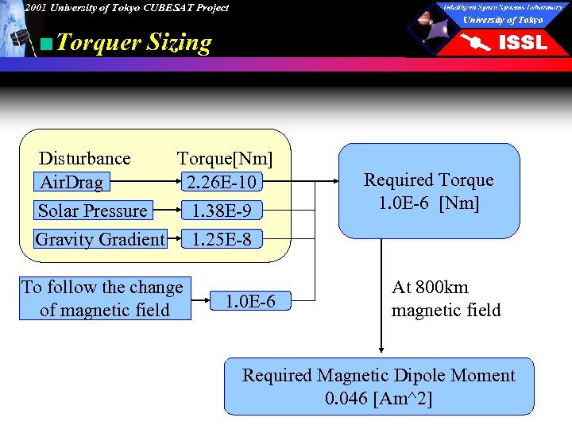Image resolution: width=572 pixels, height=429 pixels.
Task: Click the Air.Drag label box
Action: pos(71,183)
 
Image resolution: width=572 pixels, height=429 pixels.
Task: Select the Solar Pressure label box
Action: pos(93,211)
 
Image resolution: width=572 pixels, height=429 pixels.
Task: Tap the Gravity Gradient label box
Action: pos(100,239)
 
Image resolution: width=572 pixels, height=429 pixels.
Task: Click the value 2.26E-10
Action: pos(220,183)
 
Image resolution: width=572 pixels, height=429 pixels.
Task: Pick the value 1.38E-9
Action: pos(220,211)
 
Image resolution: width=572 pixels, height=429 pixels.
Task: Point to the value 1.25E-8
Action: pos(220,239)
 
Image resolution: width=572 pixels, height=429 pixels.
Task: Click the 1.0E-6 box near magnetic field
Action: pos(250,301)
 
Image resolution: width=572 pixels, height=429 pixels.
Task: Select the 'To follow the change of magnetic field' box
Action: pos(105,299)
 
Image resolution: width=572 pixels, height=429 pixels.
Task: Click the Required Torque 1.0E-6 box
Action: pos(429,191)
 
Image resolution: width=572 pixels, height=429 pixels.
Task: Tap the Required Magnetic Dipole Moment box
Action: pos(379,386)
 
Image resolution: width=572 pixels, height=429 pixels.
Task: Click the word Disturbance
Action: pos(84,158)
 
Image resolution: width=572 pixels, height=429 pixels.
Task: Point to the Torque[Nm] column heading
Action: pos(224,158)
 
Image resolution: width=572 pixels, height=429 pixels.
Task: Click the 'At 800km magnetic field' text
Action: pos(446,299)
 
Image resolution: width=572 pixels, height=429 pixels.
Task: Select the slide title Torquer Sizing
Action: pos(134,42)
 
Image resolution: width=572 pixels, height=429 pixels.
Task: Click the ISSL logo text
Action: pos(522,43)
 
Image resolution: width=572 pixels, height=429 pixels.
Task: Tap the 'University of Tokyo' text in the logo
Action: pos(503,20)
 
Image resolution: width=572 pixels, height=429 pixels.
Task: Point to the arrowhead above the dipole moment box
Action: pos(381,349)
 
